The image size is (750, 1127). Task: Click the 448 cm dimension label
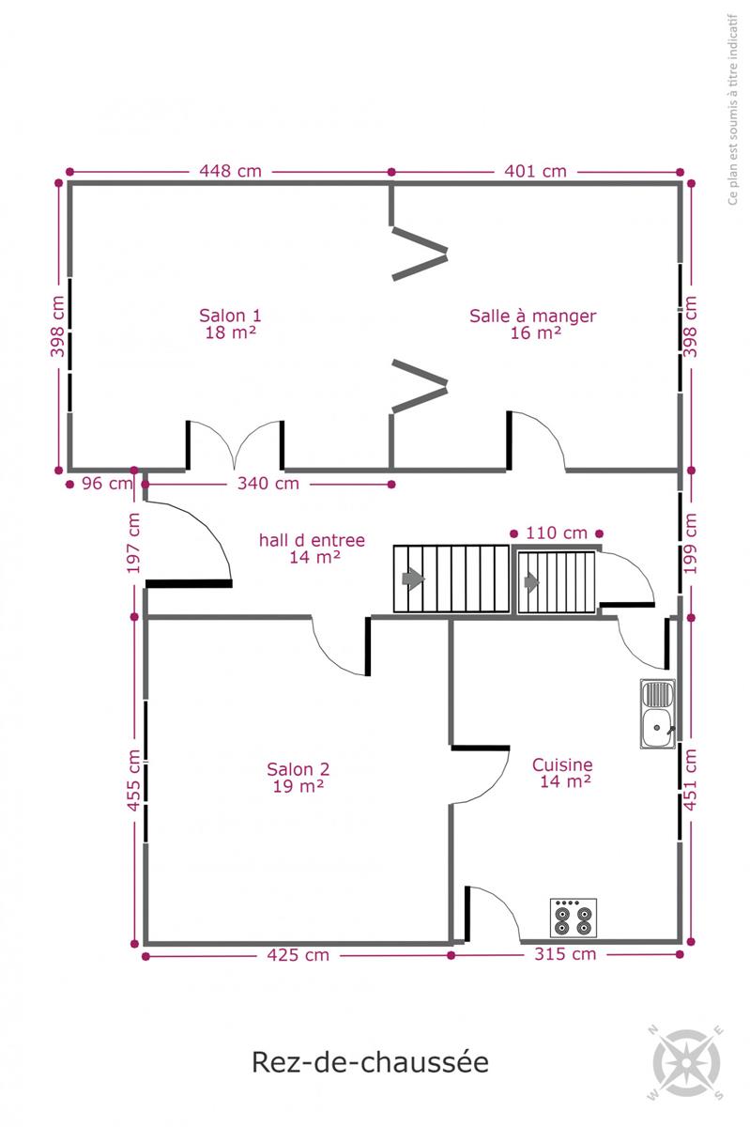230,171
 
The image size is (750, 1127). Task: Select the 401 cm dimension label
535,171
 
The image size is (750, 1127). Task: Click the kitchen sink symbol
657,713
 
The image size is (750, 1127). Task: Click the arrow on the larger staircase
413,579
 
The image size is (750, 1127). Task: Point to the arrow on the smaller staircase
531,581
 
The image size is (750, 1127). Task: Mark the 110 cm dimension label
557,533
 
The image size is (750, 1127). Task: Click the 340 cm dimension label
268,483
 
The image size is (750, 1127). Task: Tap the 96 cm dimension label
107,483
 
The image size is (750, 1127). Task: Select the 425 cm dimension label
298,954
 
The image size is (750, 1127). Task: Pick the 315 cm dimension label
565,953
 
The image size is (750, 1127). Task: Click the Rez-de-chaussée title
370,1062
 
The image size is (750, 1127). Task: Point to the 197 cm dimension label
133,543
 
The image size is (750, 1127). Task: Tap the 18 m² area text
230,332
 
